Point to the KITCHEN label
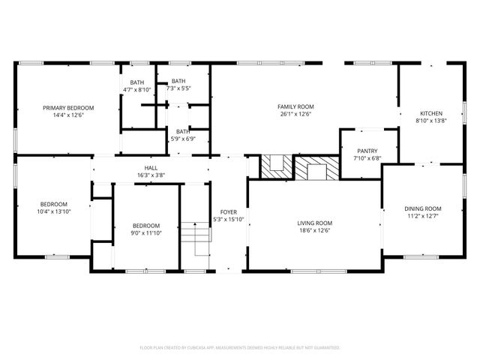coord(430,112)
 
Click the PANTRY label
coord(367,150)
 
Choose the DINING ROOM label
coord(423,208)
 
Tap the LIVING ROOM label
coord(314,223)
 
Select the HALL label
coord(151,168)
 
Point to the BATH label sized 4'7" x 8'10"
coord(136,82)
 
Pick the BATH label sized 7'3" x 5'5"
coord(178,81)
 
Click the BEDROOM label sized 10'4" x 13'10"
coord(54,204)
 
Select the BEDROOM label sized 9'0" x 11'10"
coord(146,225)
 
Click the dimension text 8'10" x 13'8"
coord(430,120)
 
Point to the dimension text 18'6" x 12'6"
coord(314,230)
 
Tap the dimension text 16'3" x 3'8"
coord(151,175)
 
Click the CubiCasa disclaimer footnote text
coord(240,347)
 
